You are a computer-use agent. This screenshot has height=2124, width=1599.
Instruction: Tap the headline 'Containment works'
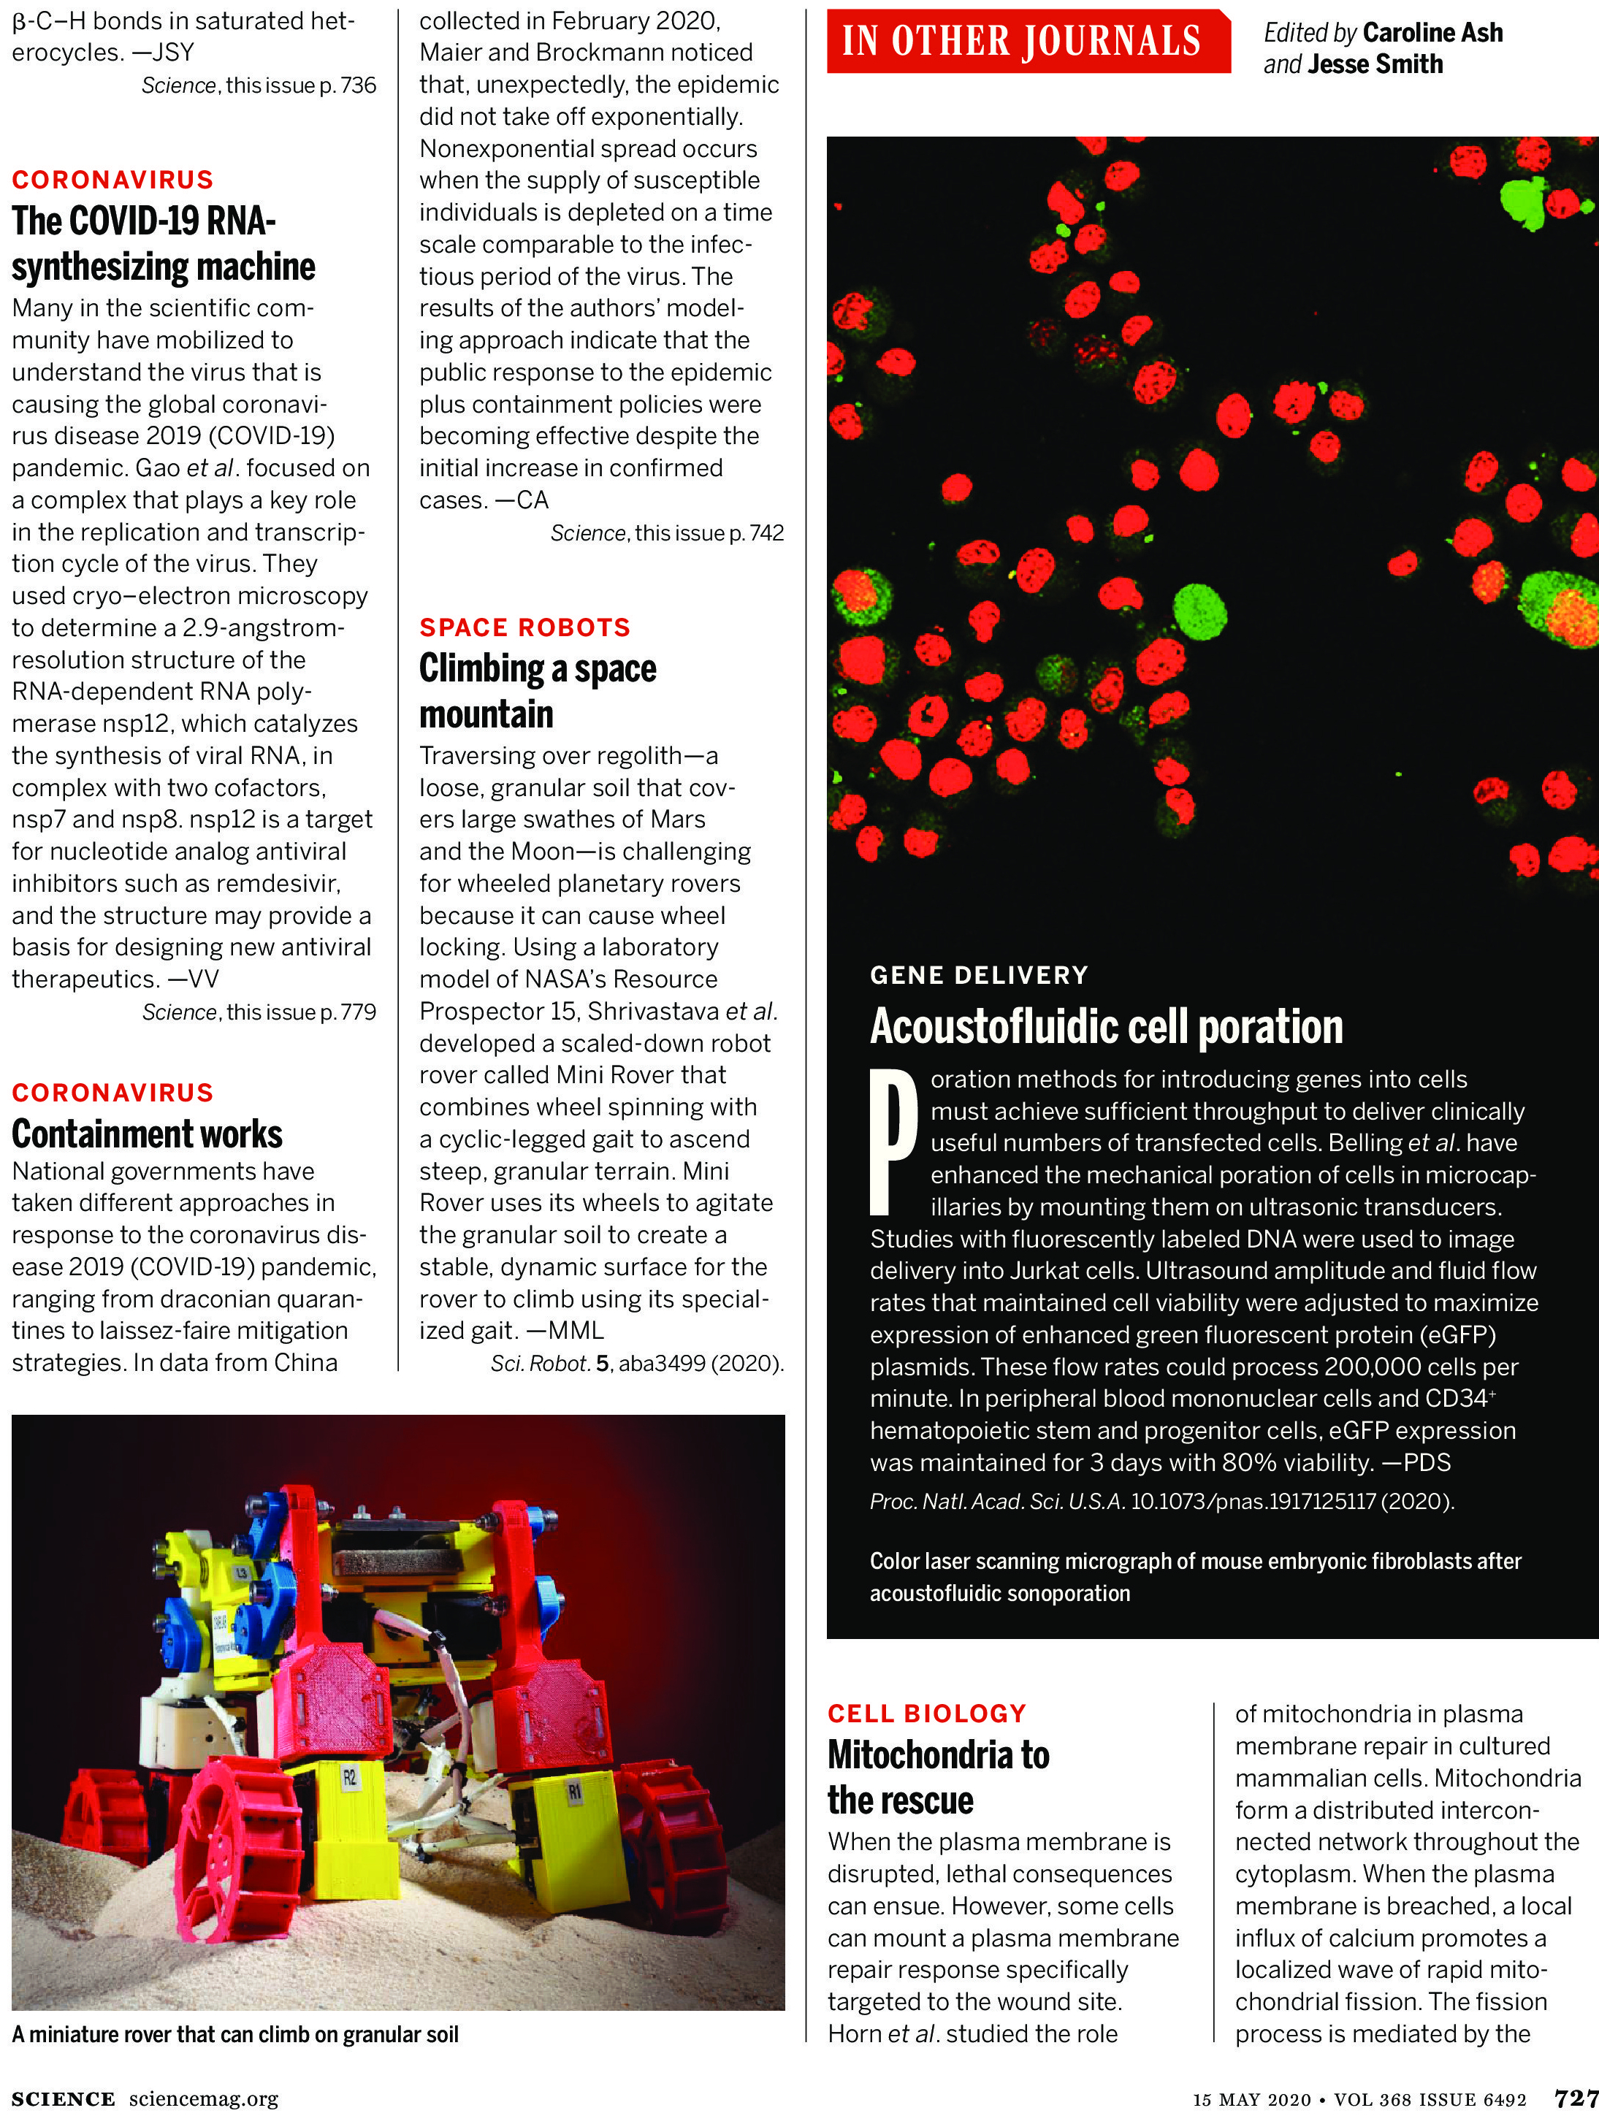147,1134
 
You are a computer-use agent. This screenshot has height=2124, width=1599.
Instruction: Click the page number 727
1576,2098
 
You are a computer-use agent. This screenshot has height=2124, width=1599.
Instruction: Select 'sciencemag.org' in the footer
204,2099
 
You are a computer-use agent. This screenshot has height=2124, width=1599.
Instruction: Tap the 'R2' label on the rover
350,1777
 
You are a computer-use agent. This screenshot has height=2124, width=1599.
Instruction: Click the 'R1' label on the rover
574,1792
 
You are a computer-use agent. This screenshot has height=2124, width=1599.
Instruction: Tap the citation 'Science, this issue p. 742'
666,533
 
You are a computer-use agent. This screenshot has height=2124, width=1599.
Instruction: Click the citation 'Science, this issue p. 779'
259,1012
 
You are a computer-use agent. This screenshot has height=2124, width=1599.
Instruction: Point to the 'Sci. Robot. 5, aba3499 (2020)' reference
637,1364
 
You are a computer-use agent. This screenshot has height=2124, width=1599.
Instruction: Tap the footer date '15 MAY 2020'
1251,2100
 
